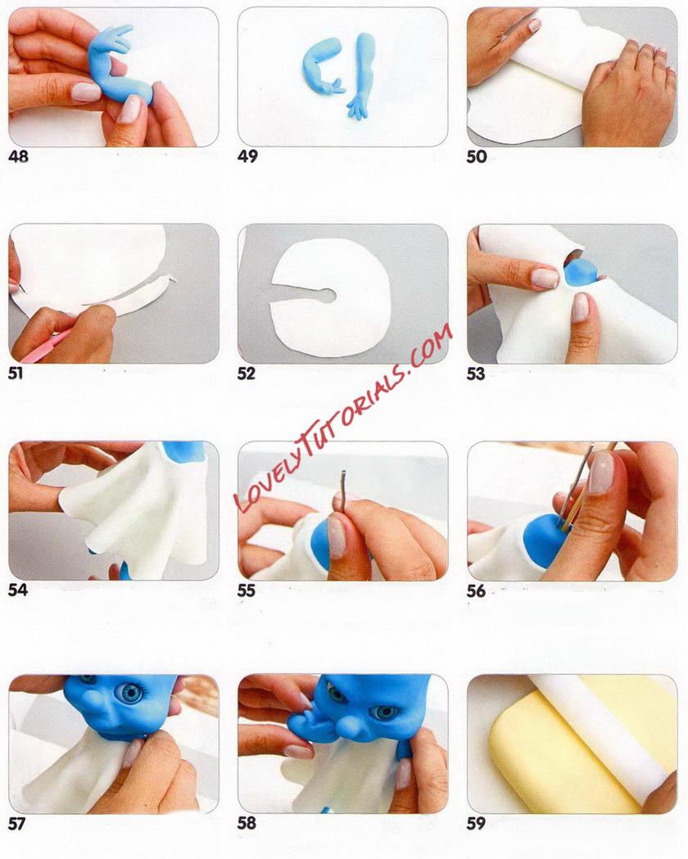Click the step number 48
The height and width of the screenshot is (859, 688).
point(18,156)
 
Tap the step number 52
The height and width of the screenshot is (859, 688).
point(247,373)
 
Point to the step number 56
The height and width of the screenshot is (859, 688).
point(477,590)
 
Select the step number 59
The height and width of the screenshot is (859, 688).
point(476,824)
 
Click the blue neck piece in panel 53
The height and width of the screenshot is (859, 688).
point(583,272)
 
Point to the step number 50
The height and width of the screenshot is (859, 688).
point(477,156)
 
